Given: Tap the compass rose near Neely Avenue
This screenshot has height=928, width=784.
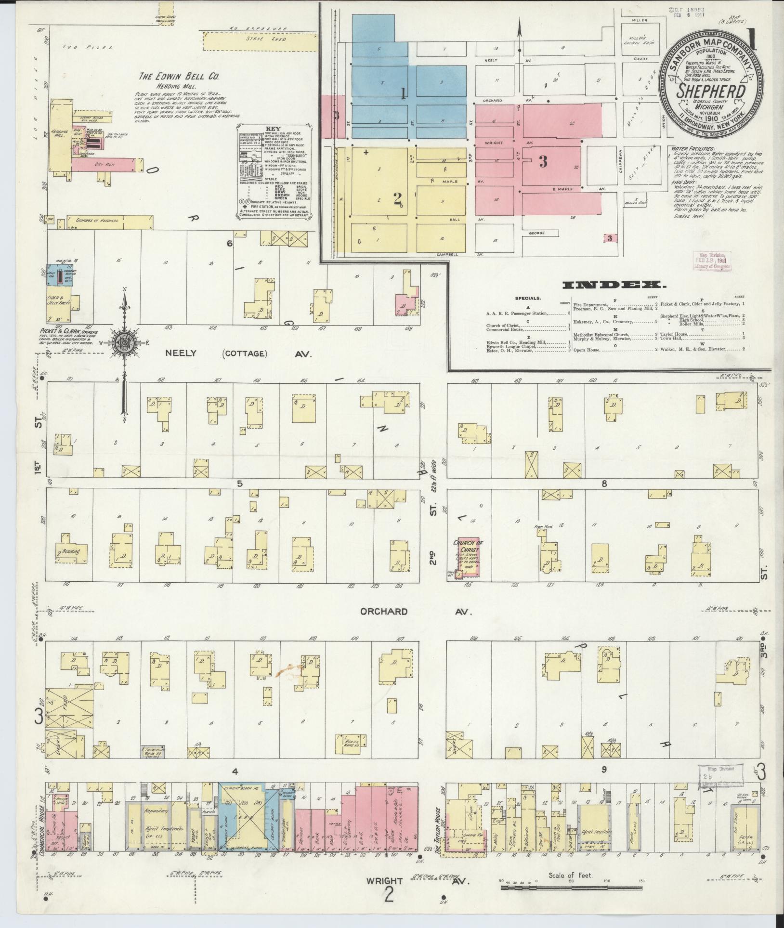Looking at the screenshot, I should [124, 342].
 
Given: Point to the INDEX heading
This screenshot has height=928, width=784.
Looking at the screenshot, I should [614, 285].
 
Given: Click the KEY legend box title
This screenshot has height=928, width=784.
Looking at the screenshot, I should [273, 129].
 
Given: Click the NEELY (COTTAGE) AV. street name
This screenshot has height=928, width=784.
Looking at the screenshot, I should [238, 353].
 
